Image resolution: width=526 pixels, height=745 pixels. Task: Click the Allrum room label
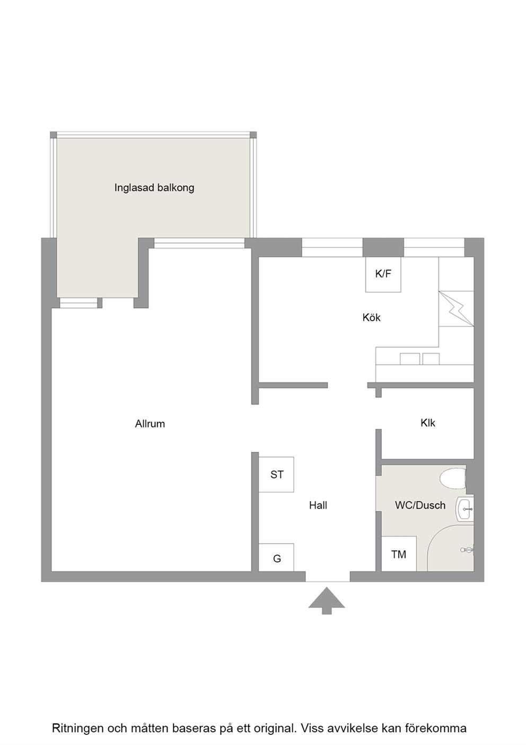pyautogui.click(x=150, y=424)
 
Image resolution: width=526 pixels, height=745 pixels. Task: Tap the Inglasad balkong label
pyautogui.click(x=154, y=188)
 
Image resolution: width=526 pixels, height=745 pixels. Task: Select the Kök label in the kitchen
pyautogui.click(x=372, y=318)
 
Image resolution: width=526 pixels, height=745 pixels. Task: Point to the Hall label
pyautogui.click(x=318, y=505)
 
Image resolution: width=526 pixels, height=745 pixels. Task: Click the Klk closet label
pyautogui.click(x=428, y=423)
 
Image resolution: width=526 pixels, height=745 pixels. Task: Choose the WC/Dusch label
pyautogui.click(x=420, y=505)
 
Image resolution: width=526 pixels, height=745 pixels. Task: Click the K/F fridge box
pyautogui.click(x=383, y=275)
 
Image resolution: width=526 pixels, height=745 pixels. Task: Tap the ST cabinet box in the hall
pyautogui.click(x=276, y=474)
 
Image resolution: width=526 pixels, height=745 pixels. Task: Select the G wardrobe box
pyautogui.click(x=276, y=559)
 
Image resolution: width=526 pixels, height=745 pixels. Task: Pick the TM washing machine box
pyautogui.click(x=399, y=554)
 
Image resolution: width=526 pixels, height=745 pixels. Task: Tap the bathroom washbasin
pyautogui.click(x=465, y=509)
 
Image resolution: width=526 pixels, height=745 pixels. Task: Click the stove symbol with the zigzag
pyautogui.click(x=456, y=309)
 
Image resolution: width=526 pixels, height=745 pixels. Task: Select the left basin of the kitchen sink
pyautogui.click(x=410, y=358)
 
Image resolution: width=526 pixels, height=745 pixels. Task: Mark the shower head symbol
pyautogui.click(x=467, y=550)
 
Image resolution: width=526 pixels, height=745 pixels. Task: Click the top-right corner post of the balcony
pyautogui.click(x=253, y=135)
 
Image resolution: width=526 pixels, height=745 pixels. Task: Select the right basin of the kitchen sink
pyautogui.click(x=431, y=358)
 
